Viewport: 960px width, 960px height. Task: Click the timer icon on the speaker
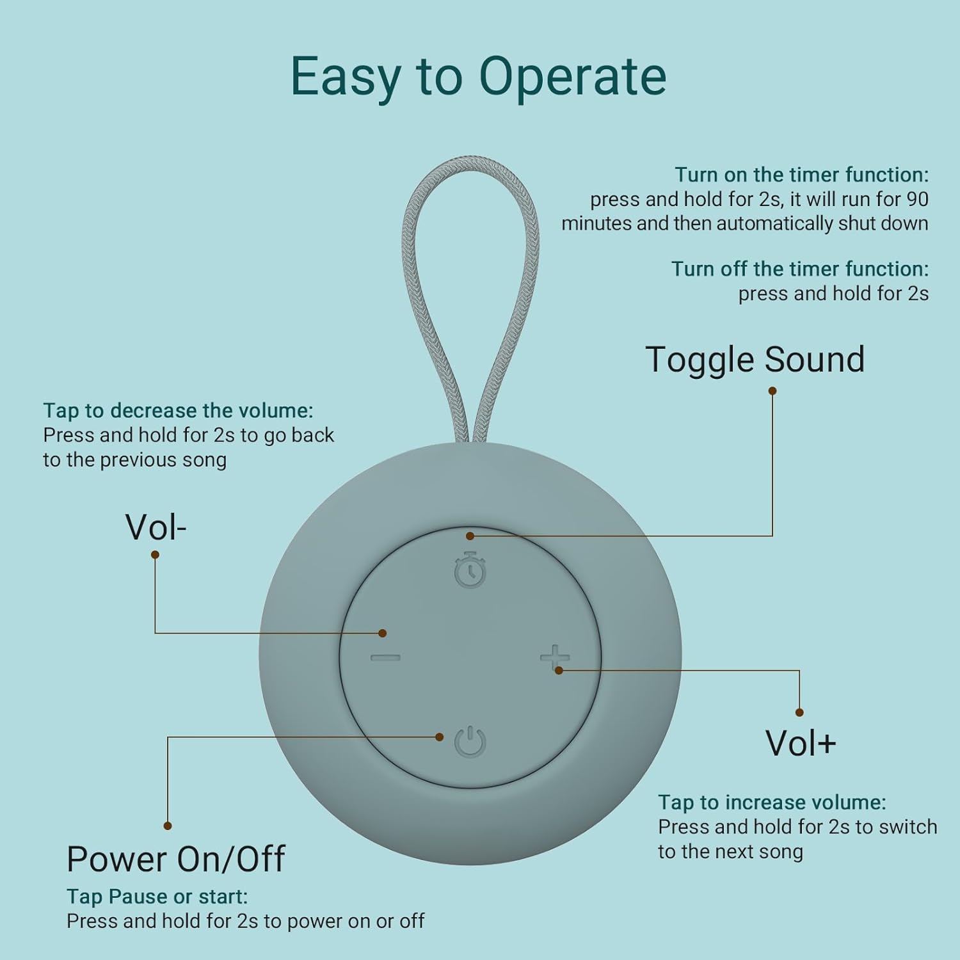pos(470,570)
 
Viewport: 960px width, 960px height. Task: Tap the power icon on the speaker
pos(470,742)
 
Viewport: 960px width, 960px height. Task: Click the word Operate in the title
pos(572,77)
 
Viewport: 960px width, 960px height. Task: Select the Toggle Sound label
pos(755,359)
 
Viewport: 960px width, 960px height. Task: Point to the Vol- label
pos(156,527)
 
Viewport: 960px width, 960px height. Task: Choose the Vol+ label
pos(801,743)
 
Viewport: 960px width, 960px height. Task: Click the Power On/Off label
pos(176,859)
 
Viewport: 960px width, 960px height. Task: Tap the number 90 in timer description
pos(917,199)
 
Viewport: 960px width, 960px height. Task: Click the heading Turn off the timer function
pos(799,269)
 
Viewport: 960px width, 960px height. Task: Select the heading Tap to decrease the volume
pos(178,410)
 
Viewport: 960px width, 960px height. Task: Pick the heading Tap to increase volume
pos(772,802)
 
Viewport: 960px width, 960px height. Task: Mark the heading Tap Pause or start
pos(157,897)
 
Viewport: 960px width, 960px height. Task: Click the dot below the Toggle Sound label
pos(772,390)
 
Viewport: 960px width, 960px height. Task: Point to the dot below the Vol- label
pos(155,555)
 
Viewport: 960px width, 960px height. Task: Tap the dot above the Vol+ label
pos(799,712)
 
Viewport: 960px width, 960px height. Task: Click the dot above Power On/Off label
pos(168,826)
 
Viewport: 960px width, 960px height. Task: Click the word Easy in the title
pos(346,77)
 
